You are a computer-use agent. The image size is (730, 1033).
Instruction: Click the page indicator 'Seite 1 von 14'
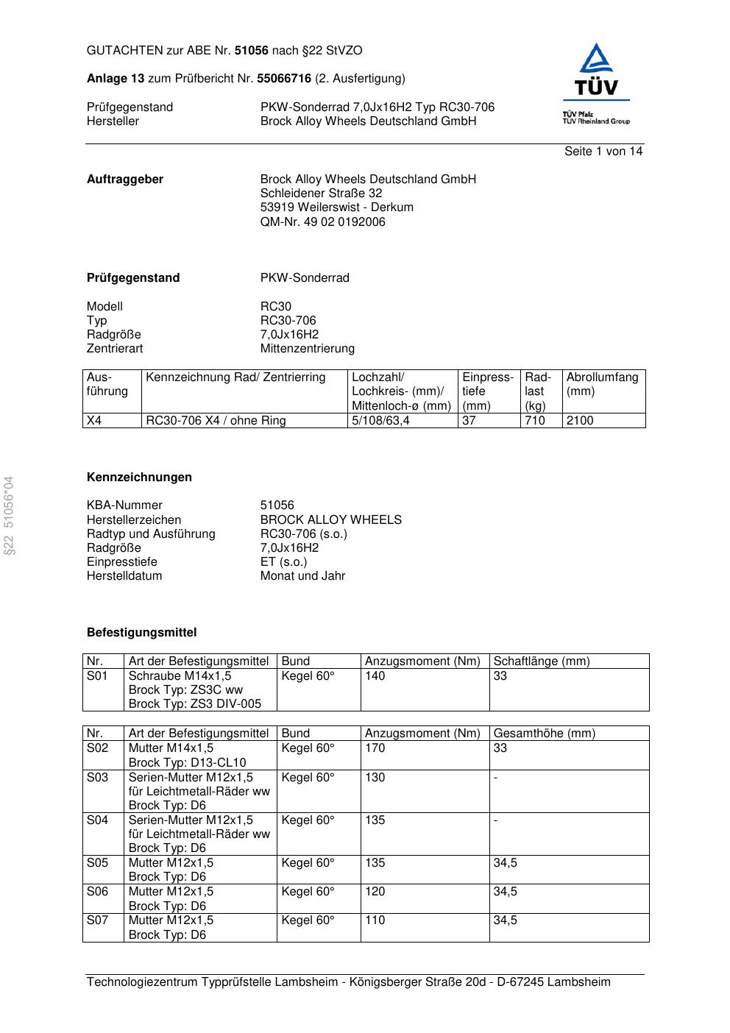pos(603,152)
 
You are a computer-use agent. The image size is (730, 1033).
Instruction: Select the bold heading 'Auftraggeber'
pos(125,180)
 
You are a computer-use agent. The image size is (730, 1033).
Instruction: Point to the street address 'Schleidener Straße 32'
pos(321,194)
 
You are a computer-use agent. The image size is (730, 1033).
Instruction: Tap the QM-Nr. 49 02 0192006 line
pos(322,221)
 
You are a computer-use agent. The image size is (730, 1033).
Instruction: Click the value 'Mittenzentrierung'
pos(307,349)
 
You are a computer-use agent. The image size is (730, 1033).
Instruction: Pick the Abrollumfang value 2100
pos(580,421)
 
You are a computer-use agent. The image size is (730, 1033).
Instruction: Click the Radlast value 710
pos(535,421)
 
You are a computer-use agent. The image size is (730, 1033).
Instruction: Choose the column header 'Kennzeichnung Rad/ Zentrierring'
pos(235,377)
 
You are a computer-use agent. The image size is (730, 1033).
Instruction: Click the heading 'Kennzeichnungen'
pos(139,478)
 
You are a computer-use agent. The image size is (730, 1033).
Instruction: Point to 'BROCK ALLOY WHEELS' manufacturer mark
pos(330,519)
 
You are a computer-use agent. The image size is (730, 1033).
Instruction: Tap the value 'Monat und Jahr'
pos(302,576)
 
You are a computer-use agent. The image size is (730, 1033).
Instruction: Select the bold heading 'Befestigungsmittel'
pos(141,633)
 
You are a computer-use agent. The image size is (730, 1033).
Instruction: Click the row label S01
pos(97,676)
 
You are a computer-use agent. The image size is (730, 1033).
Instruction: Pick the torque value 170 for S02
pos(375,748)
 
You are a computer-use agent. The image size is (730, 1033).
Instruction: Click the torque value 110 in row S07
pos(375,920)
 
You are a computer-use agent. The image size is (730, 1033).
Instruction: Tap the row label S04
pos(97,820)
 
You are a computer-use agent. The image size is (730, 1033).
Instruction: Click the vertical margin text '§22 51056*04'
pos(9,516)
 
